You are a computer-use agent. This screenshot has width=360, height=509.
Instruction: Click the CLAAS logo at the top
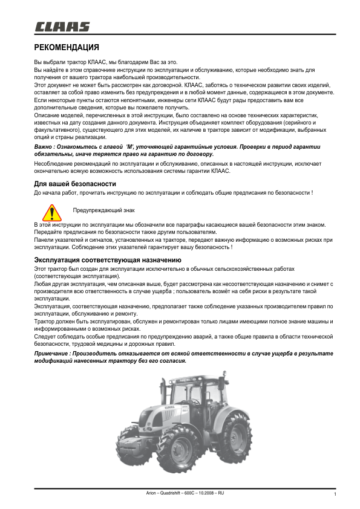(x=62, y=27)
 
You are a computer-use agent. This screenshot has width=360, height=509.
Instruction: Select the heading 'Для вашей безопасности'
(x=74, y=184)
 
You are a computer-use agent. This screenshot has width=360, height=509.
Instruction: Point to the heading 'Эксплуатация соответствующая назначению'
(x=99, y=260)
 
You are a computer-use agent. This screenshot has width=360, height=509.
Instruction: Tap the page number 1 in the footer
(x=335, y=495)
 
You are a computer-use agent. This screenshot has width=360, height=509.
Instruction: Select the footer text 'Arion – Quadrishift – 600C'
(x=171, y=493)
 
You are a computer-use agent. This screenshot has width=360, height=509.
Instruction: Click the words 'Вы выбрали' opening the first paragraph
(x=47, y=63)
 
